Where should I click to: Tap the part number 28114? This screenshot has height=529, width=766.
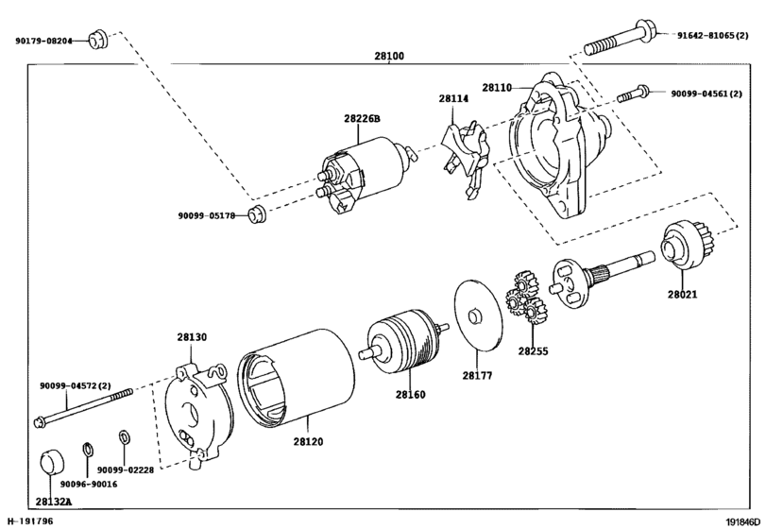click(x=453, y=98)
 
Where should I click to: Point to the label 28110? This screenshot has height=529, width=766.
click(x=497, y=88)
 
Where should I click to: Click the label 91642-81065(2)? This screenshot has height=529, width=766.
click(x=715, y=36)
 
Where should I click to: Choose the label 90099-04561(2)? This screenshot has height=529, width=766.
click(x=711, y=94)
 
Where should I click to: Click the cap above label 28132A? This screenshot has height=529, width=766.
click(x=50, y=466)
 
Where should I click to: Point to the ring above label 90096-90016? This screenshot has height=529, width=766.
click(x=86, y=448)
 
